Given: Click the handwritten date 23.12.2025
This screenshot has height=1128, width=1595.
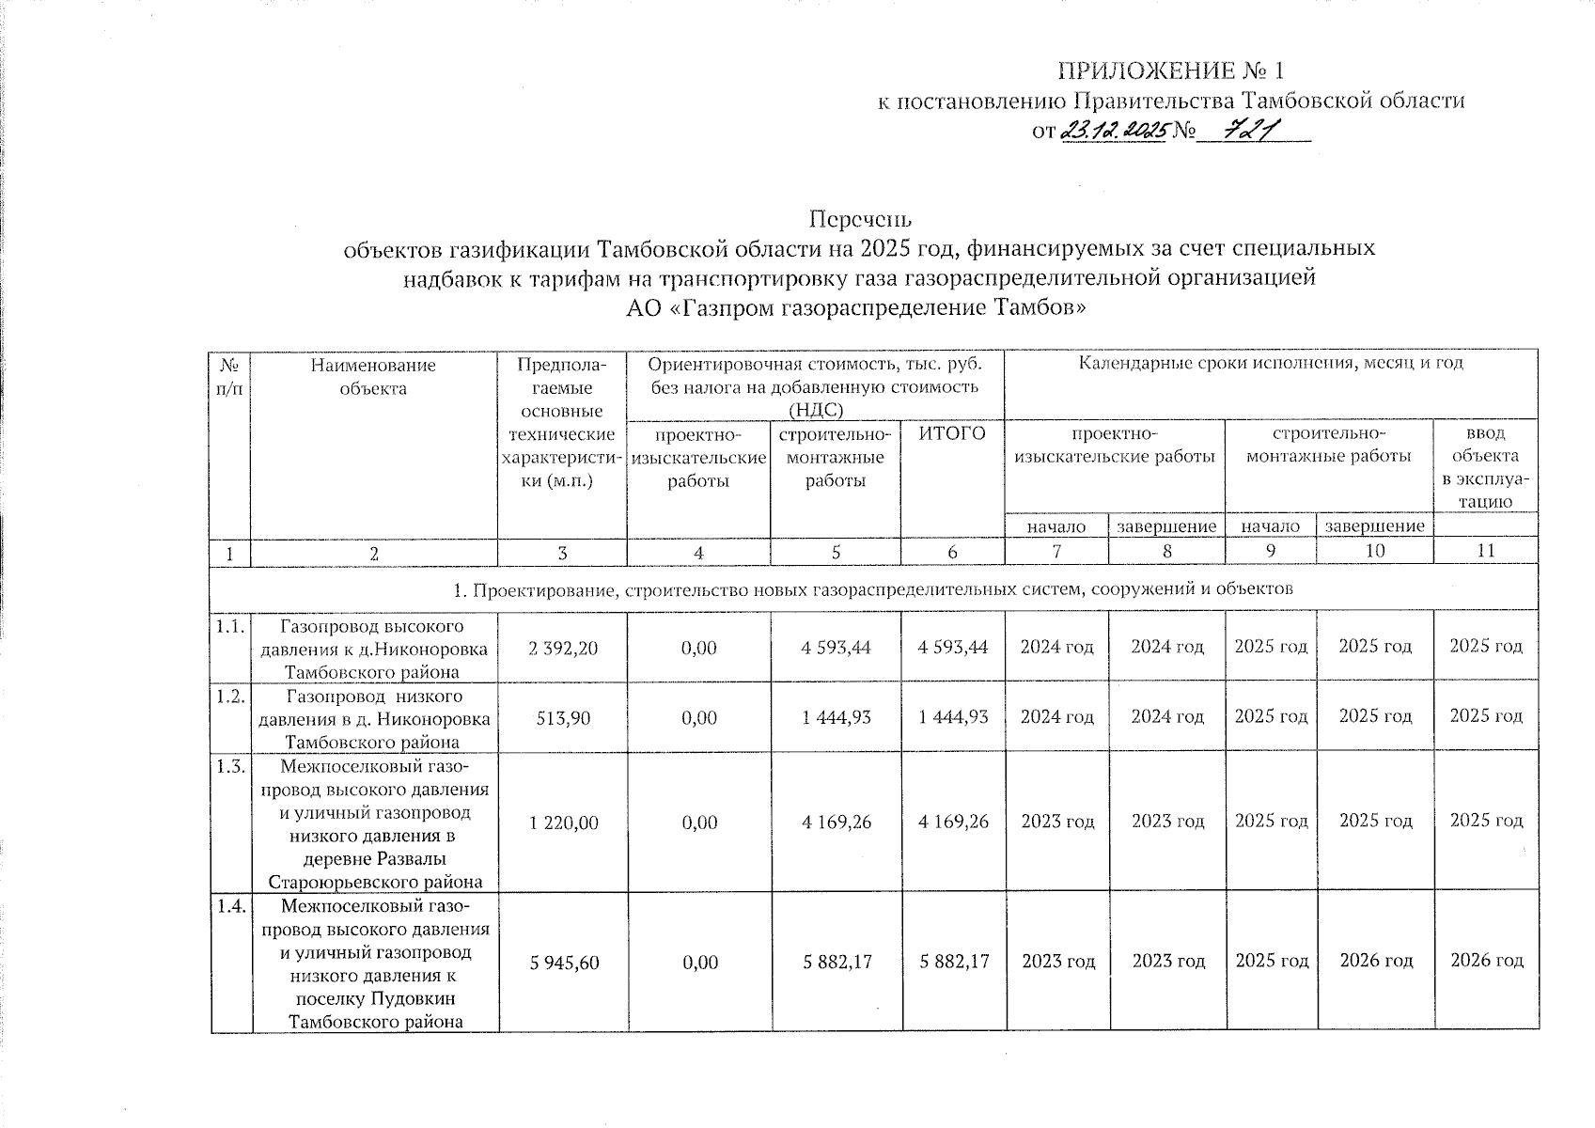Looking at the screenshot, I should point(1113,131).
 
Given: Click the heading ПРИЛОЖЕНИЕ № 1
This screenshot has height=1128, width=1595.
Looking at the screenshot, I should point(1170,71).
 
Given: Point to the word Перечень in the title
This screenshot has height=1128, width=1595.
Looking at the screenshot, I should point(861,219).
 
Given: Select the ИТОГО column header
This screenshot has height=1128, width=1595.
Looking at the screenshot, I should point(952,433).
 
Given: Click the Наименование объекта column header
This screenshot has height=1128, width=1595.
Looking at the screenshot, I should point(374,376).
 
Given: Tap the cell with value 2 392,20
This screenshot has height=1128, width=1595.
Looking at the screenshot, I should point(563,648).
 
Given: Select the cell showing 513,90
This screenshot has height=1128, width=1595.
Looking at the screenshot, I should point(563,717).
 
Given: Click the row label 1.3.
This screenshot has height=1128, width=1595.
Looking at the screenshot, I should point(230,767).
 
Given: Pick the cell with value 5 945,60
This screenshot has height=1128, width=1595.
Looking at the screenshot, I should point(563,962).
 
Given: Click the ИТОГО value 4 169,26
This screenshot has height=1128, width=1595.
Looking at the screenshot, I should point(952,822).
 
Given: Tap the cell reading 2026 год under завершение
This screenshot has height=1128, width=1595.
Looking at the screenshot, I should point(1375,961).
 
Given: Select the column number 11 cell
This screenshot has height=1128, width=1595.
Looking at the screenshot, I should point(1485,552).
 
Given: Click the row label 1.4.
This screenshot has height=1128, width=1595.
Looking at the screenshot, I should point(230,907).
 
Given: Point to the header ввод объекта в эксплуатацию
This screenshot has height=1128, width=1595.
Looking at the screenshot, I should point(1485,467).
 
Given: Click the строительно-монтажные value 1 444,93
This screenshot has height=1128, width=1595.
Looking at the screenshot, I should point(836,717).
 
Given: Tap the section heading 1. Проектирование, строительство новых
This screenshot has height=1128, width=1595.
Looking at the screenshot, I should point(873,589).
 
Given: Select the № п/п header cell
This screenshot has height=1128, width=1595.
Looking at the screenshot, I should point(230,376).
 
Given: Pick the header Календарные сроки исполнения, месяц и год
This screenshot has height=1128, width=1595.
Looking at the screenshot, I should point(1271,363).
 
